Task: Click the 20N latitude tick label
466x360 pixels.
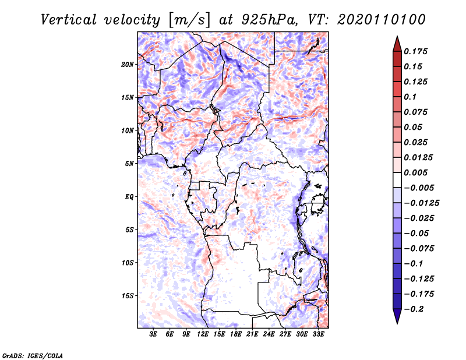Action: coord(128,64)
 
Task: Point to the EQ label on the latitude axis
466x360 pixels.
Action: coord(129,196)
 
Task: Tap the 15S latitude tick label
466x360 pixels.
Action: coord(128,295)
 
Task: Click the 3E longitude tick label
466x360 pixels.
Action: coord(154,334)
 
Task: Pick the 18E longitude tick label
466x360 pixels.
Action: coord(236,334)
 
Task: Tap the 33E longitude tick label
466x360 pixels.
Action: coord(318,334)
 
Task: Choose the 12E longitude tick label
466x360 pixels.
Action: coord(203,334)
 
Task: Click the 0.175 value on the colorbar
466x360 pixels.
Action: coord(416,51)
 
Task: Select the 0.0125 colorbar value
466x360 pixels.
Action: coord(419,157)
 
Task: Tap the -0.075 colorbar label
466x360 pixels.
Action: coord(419,248)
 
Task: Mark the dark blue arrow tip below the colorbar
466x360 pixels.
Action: coord(397,319)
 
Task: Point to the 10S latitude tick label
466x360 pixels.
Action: coord(128,262)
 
